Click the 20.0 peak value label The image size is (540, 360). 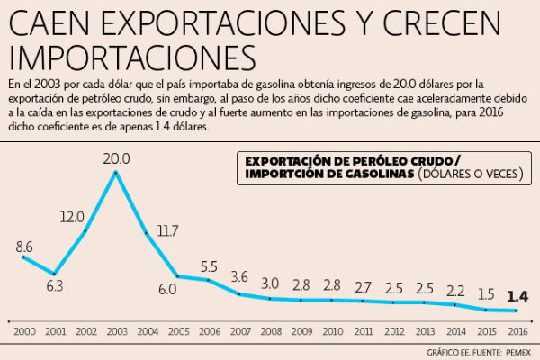pyautogui.click(x=116, y=159)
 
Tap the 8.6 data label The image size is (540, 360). pyautogui.click(x=24, y=246)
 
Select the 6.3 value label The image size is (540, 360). pyautogui.click(x=54, y=287)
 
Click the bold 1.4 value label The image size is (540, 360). pyautogui.click(x=517, y=297)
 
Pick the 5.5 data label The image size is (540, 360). pyautogui.click(x=209, y=265)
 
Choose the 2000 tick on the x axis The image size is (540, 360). pyautogui.click(x=24, y=331)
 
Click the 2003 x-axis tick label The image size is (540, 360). pyautogui.click(x=116, y=331)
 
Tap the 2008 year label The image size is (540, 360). pyautogui.click(x=271, y=331)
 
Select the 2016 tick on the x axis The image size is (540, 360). pyautogui.click(x=517, y=331)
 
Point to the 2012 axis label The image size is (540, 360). pyautogui.click(x=394, y=331)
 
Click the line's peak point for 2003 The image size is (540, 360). pyautogui.click(x=116, y=172)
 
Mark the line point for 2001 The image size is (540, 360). pyautogui.click(x=54, y=274)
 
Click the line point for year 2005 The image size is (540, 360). pyautogui.click(x=178, y=275)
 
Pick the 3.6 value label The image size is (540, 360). pyautogui.click(x=239, y=276)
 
